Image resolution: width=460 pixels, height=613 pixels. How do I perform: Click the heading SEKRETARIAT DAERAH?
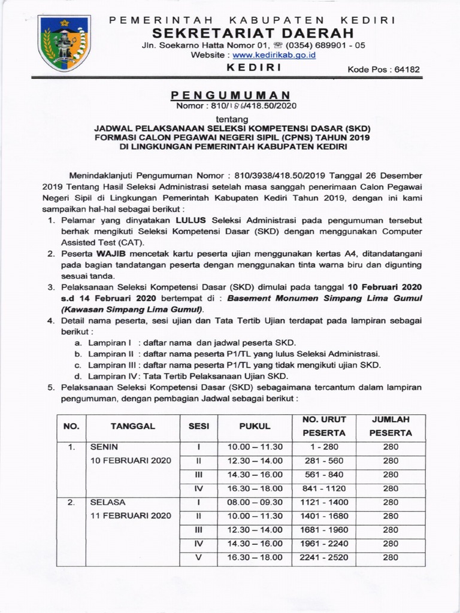point(252,32)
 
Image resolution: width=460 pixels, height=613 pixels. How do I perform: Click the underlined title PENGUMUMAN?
point(230,96)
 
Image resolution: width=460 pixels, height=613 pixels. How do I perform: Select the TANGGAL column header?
point(132,426)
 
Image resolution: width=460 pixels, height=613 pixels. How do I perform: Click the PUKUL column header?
point(255,426)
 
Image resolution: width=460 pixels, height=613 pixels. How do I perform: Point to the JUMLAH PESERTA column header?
point(391,426)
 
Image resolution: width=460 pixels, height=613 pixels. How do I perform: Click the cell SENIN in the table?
point(104,447)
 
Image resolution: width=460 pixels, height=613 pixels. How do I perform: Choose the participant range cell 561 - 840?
point(323,475)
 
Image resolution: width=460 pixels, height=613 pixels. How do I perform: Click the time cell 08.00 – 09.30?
point(255,502)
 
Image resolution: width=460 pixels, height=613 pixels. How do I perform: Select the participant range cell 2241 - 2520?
point(323,557)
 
